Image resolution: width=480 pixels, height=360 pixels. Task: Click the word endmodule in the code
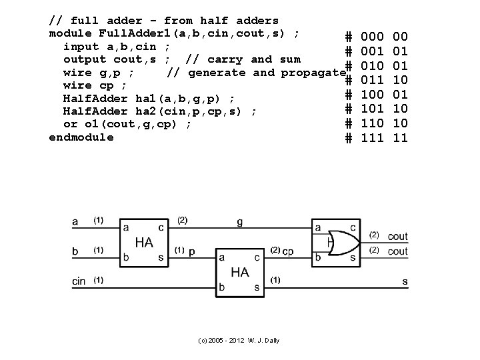81,137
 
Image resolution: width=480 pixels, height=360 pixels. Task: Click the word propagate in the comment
306,72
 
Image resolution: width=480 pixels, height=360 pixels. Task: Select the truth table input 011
372,80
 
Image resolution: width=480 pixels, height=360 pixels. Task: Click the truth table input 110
372,123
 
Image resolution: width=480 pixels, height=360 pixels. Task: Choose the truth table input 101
372,109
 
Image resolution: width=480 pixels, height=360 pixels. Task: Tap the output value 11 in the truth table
400,138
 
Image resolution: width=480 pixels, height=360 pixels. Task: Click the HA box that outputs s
240,273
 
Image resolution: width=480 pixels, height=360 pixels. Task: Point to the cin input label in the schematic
79,281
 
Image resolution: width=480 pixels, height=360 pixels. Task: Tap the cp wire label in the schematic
288,251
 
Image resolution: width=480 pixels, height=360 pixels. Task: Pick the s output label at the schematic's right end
405,281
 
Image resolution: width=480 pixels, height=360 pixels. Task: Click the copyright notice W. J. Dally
239,341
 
